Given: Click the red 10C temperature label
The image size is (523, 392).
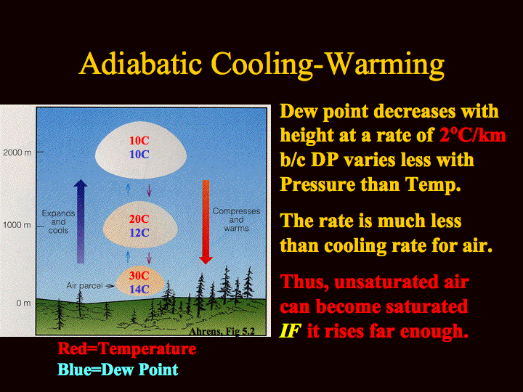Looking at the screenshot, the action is point(139,141).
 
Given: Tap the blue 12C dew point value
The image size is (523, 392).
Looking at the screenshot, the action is point(139,233).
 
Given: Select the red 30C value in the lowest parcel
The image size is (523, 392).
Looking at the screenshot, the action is point(139,276).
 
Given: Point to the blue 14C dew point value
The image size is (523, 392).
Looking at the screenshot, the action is point(139,290).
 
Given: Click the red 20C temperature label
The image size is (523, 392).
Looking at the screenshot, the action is point(139,219).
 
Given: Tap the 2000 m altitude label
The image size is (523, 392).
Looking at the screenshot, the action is point(17,152).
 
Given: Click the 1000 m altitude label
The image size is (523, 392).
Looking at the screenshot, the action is point(17,225).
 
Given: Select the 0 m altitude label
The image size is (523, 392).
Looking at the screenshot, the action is point(23,303).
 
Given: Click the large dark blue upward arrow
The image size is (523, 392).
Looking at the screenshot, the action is point(81,221).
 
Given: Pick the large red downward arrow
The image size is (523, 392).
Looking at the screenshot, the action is point(206,222).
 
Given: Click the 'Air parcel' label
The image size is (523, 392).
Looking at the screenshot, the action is point(85,286).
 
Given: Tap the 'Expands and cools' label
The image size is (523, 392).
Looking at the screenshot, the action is point(58,221).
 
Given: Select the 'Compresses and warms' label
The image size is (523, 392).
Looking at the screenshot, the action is point(237,220).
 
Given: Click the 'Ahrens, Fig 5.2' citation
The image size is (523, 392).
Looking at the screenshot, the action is point(222,331).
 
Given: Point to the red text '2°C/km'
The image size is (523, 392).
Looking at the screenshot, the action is point(473,135).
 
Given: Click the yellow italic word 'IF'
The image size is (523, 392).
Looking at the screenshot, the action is point(290,331).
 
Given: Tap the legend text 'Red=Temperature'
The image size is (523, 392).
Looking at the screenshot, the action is point(126,349).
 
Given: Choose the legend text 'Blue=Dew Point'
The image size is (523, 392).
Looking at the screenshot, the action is point(118,369).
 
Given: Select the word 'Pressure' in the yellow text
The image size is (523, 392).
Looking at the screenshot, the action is point(317,184).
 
